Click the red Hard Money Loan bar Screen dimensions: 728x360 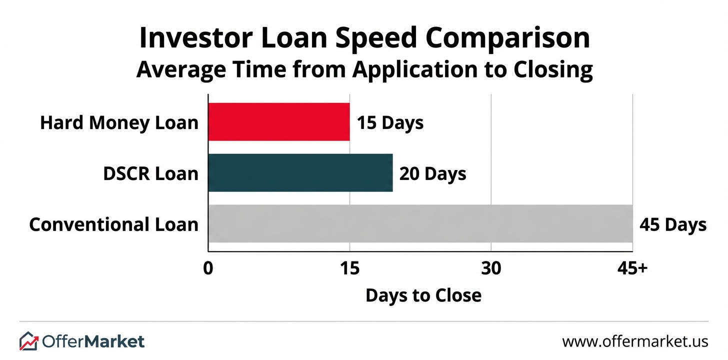[279, 122]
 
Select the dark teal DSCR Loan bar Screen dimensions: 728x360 [300, 173]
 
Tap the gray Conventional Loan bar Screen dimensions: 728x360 [420, 223]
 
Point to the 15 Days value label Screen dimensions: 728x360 [390, 123]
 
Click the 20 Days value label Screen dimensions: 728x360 [432, 174]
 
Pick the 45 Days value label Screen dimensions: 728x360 [673, 224]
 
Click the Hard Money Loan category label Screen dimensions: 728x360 [119, 123]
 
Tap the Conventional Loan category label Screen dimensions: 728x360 [114, 224]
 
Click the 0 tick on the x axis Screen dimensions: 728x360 [208, 268]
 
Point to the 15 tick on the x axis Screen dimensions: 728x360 [349, 268]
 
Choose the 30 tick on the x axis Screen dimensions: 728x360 [491, 268]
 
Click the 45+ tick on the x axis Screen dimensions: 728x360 [632, 268]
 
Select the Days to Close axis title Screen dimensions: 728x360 [423, 295]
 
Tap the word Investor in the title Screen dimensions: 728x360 [196, 38]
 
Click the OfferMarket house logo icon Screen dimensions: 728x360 [29, 341]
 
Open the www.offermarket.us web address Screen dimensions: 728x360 [635, 341]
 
